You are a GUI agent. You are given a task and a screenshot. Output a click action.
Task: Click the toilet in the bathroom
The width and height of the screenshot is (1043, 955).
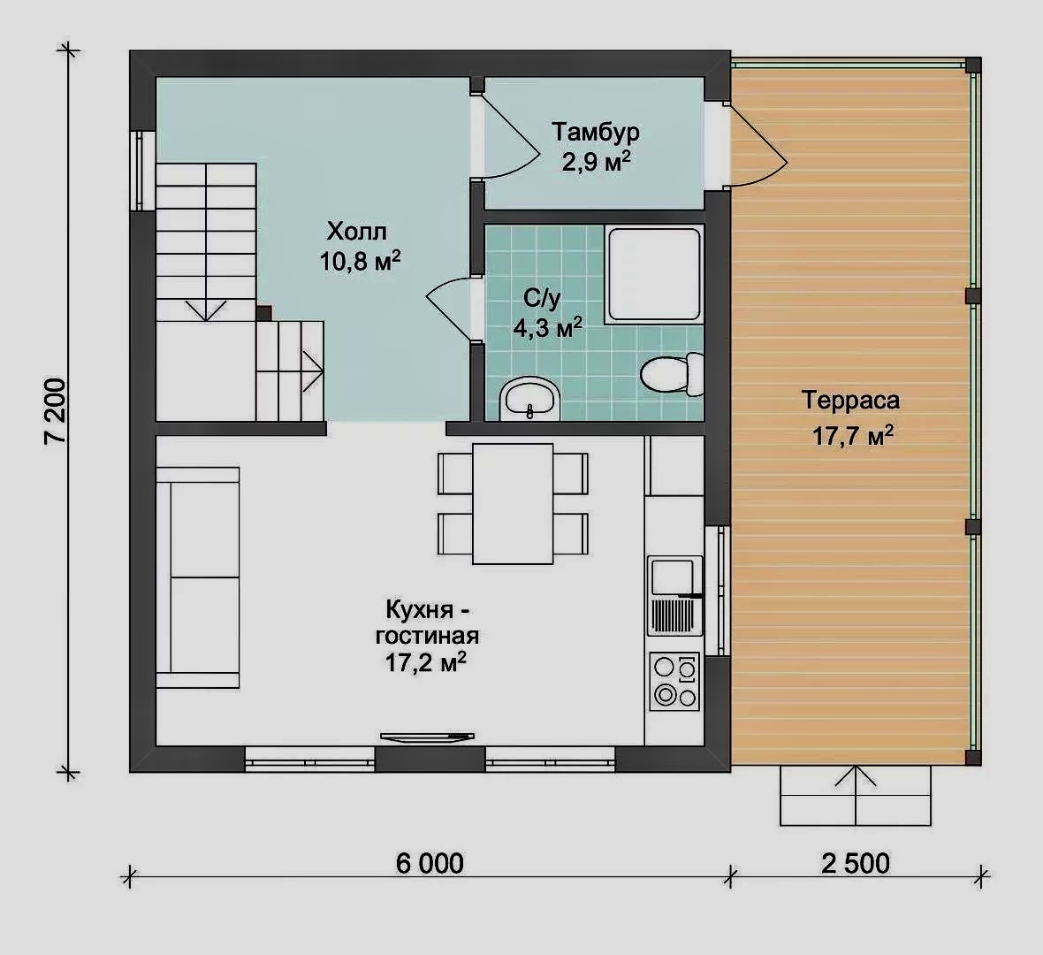click(672, 375)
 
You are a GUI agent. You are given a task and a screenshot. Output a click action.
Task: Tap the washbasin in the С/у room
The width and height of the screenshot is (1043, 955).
click(530, 399)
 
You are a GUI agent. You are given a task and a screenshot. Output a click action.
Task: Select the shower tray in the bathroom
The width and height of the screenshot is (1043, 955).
click(655, 275)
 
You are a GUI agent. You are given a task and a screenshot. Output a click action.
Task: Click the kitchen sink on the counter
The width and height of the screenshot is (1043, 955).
click(675, 596)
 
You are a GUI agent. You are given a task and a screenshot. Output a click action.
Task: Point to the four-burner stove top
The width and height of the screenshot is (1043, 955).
click(674, 682)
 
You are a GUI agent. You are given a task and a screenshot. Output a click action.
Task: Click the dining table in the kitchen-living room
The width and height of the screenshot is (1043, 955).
click(513, 504)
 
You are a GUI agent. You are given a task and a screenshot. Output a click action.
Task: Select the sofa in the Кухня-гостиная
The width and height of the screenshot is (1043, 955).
click(198, 577)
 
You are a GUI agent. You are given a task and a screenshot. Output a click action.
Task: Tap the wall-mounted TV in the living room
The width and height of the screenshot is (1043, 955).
click(427, 736)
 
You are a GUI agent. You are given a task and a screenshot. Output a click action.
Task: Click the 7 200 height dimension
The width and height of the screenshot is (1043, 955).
click(55, 410)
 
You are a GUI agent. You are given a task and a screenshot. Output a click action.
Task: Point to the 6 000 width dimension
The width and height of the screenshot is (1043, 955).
click(430, 863)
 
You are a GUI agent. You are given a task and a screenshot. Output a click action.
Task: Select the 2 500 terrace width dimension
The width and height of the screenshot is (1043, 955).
click(856, 863)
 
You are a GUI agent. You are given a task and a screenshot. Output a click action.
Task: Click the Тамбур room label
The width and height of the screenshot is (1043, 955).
click(596, 132)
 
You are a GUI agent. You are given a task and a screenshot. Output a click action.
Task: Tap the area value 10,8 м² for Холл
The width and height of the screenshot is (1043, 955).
click(360, 260)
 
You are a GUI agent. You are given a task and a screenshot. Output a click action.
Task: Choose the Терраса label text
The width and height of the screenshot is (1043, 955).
click(851, 400)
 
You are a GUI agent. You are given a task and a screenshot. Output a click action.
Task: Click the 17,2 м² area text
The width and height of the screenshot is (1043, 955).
click(426, 662)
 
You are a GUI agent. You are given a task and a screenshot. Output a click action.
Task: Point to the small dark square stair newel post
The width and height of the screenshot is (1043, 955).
click(264, 313)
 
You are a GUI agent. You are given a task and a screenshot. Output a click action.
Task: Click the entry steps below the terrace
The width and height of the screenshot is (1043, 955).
click(856, 796)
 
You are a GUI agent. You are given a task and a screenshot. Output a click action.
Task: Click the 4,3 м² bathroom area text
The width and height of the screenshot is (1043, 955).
click(548, 327)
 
